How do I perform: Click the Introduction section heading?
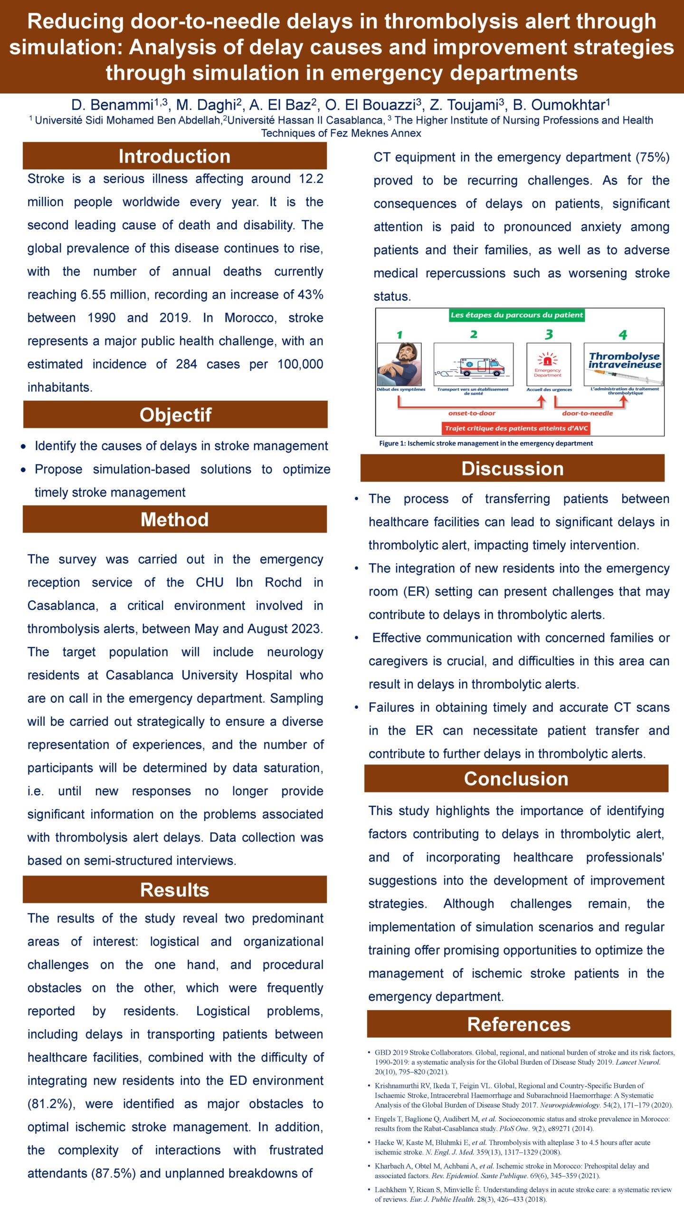coord(174,156)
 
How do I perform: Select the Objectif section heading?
coord(175,415)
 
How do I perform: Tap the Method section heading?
coord(174,519)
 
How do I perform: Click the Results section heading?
coord(174,889)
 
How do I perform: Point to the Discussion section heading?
coord(513,468)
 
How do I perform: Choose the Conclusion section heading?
coord(516,779)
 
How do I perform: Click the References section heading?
coord(519,1024)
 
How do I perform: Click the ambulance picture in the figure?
coord(474,365)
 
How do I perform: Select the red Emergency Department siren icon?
coord(548,359)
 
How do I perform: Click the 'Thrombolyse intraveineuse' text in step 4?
coord(624,360)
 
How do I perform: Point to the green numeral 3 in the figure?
coord(549,335)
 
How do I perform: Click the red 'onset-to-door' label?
coord(472,413)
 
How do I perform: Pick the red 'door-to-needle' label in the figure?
coord(587,413)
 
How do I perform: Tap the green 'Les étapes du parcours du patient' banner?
coord(516,315)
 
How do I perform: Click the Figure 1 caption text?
coord(485,443)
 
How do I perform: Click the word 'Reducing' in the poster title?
coord(76,22)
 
